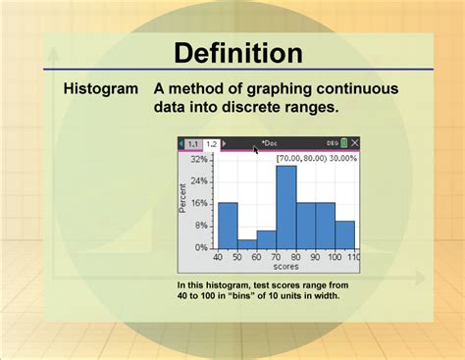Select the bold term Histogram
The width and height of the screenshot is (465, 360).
[101, 89]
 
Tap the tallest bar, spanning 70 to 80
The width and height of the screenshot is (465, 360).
[285, 208]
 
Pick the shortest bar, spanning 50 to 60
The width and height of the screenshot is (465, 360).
[247, 245]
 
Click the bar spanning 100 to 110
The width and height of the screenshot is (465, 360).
[344, 235]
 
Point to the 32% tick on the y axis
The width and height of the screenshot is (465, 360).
[199, 158]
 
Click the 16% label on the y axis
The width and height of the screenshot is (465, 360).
[199, 203]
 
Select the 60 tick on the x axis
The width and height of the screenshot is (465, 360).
[256, 257]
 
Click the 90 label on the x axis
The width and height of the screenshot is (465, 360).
[315, 257]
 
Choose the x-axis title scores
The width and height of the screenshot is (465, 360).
[286, 266]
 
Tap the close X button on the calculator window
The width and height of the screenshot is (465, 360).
[354, 143]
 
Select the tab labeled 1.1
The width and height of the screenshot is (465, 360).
[193, 143]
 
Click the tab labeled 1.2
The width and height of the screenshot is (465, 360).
[211, 143]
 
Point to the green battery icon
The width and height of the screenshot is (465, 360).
[343, 143]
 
